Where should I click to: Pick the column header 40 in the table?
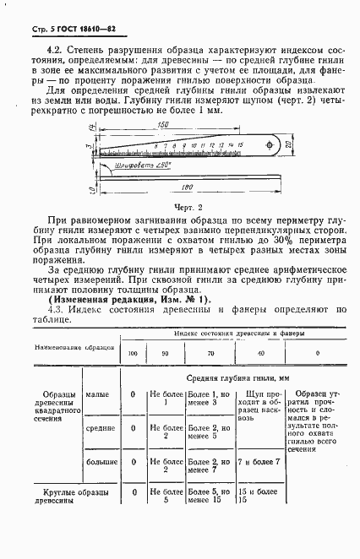pos(260,352)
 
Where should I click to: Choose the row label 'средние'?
pos(99,429)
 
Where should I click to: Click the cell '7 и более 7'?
pos(259,462)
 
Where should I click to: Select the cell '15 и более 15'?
pos(254,496)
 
